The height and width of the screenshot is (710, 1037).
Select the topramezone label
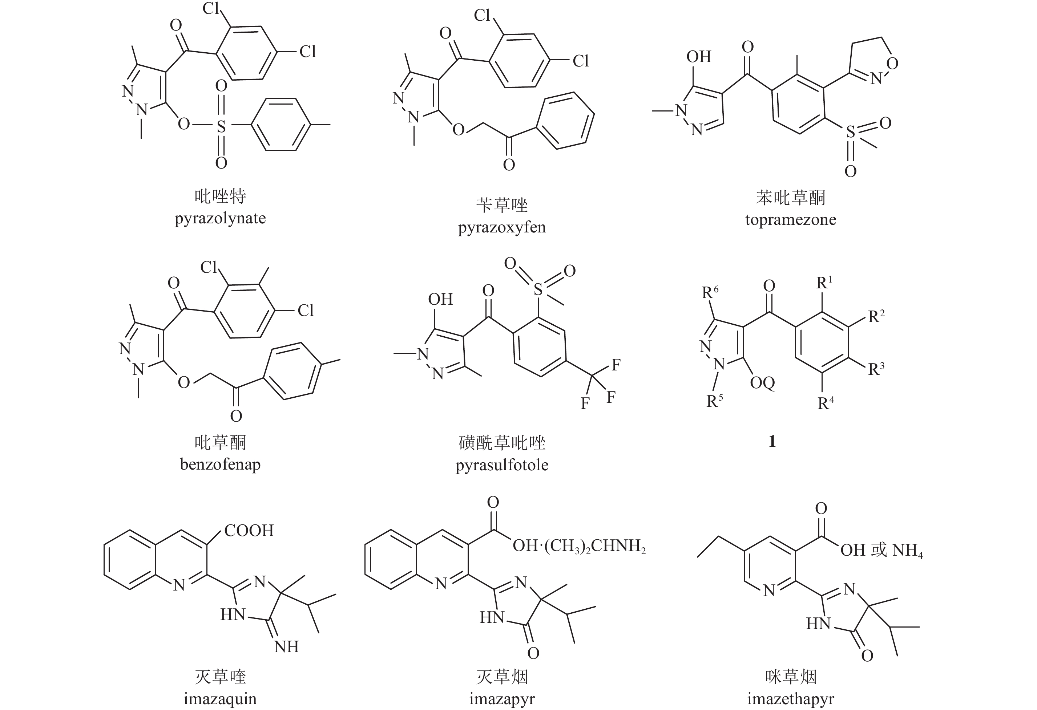click(790, 219)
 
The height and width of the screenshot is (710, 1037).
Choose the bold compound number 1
click(772, 441)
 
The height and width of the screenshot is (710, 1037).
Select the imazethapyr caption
click(790, 698)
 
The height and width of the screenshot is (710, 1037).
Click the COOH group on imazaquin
click(249, 530)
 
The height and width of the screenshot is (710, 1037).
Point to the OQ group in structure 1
click(762, 383)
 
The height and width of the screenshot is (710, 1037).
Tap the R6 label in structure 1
click(710, 293)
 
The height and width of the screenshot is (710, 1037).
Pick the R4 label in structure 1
click(826, 403)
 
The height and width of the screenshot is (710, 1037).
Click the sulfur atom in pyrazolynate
click(221, 126)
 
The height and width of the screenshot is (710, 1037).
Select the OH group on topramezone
click(698, 57)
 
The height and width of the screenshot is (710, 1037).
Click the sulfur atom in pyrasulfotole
click(538, 290)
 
